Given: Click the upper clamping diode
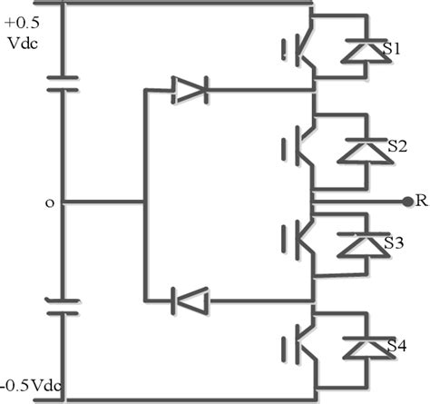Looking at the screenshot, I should tap(190, 90).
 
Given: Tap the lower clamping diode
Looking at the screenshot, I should tap(190, 299).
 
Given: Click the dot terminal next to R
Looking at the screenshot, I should tap(405, 201).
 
